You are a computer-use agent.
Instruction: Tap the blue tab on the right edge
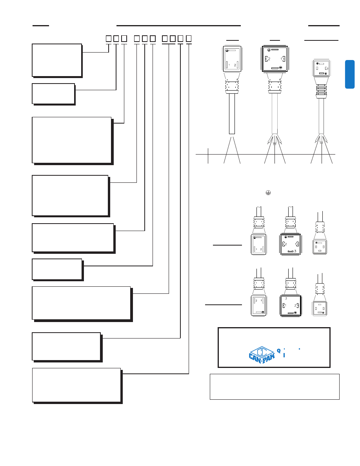[350, 74]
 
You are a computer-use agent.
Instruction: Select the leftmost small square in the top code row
[109, 38]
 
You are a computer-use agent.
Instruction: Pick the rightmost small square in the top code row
[189, 38]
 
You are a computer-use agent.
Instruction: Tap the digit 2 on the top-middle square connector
[269, 59]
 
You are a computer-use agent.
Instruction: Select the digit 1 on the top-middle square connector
[282, 59]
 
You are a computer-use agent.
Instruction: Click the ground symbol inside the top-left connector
[227, 51]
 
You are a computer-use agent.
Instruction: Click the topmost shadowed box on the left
[57, 60]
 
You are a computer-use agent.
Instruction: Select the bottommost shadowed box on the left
[76, 385]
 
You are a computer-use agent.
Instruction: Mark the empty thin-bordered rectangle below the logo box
[275, 386]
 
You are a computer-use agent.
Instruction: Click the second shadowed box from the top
[53, 93]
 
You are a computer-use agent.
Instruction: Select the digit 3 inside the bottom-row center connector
[286, 299]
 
